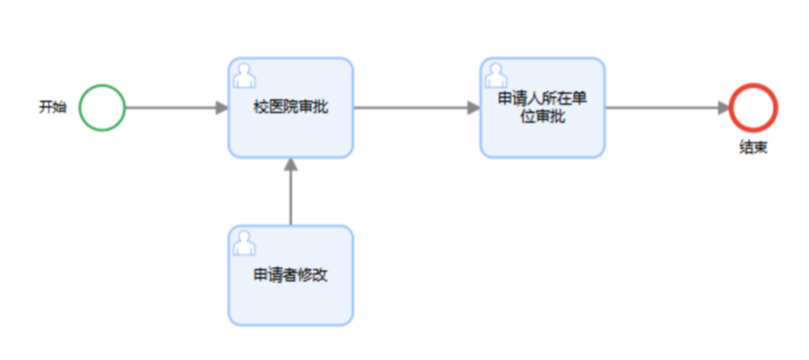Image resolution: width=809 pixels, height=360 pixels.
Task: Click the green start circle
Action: [x=102, y=108]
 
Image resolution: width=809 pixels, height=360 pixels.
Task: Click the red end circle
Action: [x=754, y=108]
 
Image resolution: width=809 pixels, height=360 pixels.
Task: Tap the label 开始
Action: [x=52, y=108]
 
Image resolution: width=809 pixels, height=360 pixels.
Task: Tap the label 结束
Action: [x=753, y=147]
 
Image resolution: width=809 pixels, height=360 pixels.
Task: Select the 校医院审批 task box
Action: [x=291, y=131]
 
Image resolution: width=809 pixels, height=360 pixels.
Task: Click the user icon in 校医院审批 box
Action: [x=244, y=74]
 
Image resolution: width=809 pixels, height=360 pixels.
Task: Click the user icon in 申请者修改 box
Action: [x=244, y=242]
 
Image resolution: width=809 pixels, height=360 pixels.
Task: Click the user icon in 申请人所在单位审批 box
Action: [x=495, y=74]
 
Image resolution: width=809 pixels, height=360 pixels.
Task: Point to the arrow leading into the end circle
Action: [x=663, y=108]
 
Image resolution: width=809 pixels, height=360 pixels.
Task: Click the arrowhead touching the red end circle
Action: [x=723, y=108]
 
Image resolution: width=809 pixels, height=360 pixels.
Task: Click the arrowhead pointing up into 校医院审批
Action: [x=291, y=164]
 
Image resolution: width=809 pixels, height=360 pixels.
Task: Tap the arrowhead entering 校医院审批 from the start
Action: [x=222, y=108]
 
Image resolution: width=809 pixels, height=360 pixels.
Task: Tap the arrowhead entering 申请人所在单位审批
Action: [x=474, y=108]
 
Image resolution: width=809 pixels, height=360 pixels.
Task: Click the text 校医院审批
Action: [x=291, y=108]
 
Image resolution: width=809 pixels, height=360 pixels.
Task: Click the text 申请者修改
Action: [x=291, y=275]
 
